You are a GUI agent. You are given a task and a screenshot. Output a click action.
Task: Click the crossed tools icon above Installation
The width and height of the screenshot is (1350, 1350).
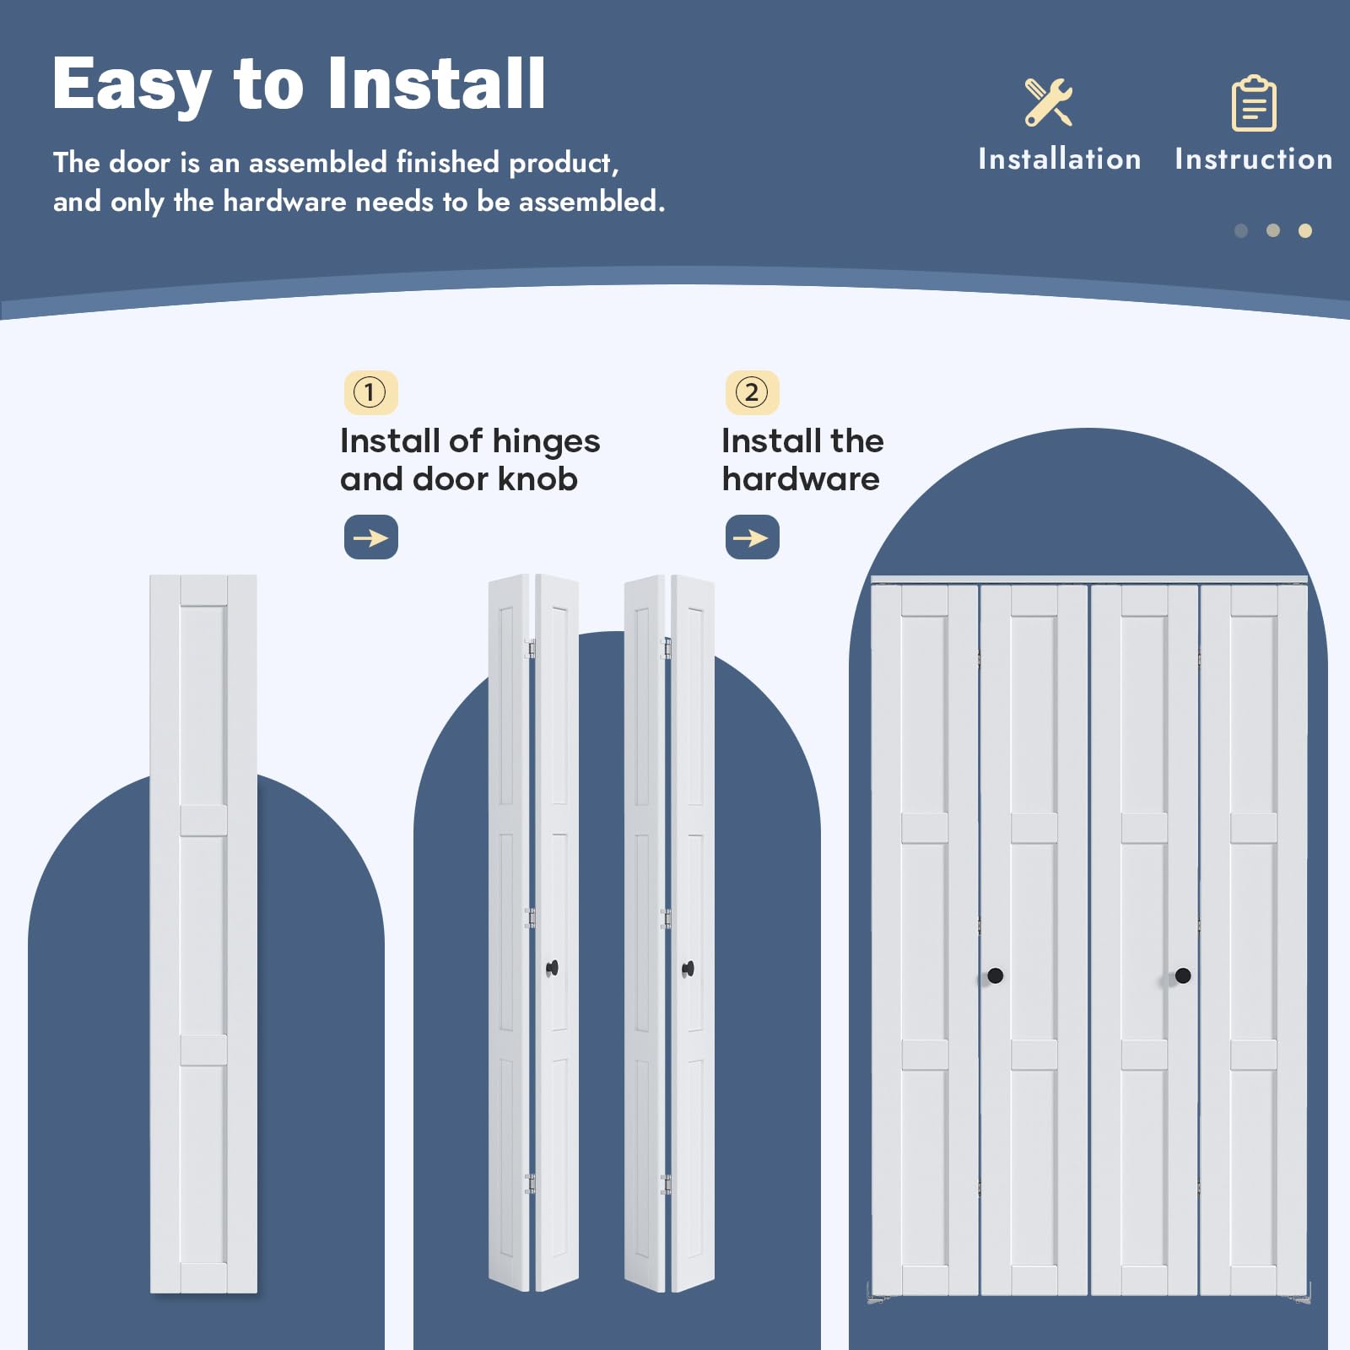pyautogui.click(x=1049, y=102)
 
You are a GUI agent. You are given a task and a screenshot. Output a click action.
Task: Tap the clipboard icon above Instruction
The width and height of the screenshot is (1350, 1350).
pyautogui.click(x=1254, y=103)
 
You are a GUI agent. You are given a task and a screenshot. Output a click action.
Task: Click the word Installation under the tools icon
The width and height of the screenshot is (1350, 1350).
pyautogui.click(x=1059, y=159)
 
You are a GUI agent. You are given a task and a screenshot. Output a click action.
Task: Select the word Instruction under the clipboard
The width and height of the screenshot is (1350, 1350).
pyautogui.click(x=1254, y=159)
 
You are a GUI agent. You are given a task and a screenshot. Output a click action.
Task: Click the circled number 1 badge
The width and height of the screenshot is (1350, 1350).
pyautogui.click(x=370, y=392)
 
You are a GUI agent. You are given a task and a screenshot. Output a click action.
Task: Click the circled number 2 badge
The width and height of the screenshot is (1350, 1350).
pyautogui.click(x=752, y=392)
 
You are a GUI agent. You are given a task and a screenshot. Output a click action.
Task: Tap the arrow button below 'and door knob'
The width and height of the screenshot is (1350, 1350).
pyautogui.click(x=370, y=537)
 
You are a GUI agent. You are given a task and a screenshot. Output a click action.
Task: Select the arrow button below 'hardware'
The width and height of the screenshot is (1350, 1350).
pyautogui.click(x=752, y=537)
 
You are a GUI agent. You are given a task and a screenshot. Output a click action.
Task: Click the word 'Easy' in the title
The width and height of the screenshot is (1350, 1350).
pyautogui.click(x=132, y=86)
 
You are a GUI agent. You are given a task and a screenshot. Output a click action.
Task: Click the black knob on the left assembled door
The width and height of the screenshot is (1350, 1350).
pyautogui.click(x=995, y=975)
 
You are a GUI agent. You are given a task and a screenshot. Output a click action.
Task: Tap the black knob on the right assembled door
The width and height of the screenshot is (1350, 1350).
pyautogui.click(x=1183, y=975)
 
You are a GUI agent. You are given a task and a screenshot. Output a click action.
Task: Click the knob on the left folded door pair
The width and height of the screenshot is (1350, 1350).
pyautogui.click(x=553, y=969)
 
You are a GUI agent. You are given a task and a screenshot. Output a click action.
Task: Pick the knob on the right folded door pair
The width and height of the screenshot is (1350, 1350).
pyautogui.click(x=688, y=969)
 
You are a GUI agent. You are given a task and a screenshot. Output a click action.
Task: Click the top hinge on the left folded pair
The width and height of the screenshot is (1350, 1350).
pyautogui.click(x=530, y=648)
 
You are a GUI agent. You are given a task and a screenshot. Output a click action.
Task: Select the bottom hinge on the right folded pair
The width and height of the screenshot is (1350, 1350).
pyautogui.click(x=666, y=1184)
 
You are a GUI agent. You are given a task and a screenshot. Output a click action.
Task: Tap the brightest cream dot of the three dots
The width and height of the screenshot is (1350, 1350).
pyautogui.click(x=1305, y=230)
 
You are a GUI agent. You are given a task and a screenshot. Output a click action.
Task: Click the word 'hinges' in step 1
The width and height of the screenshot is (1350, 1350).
pyautogui.click(x=546, y=442)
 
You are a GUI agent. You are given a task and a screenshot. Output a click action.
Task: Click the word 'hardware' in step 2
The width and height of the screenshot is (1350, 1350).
pyautogui.click(x=801, y=478)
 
